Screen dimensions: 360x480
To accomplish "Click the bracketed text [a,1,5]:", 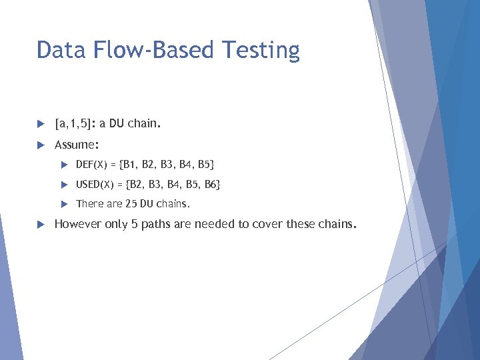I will (75, 124).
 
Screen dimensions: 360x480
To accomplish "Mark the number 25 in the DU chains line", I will (131, 204).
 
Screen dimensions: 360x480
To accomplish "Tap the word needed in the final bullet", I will (211, 224).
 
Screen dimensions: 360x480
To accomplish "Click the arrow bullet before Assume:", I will (41, 145).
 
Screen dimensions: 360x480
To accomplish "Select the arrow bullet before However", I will (41, 224).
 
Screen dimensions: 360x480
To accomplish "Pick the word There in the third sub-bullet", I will (89, 204).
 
